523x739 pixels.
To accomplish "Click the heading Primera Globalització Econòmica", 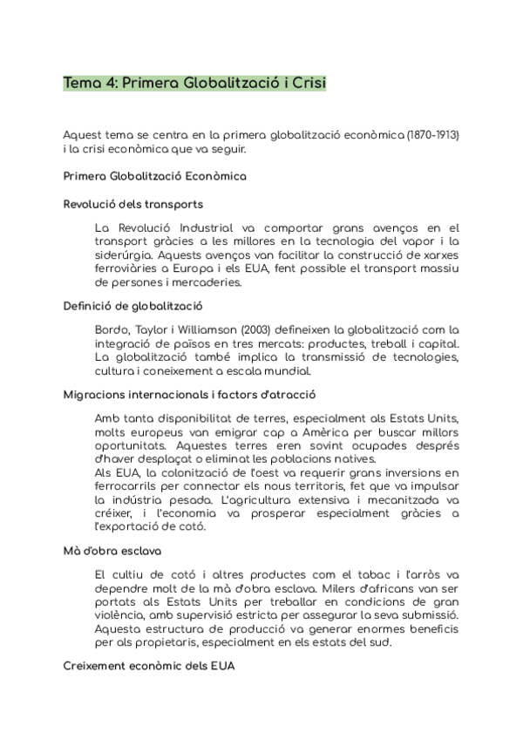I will coord(155,176).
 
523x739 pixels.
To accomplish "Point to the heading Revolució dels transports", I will coord(133,204).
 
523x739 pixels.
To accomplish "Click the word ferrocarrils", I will coord(127,486).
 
